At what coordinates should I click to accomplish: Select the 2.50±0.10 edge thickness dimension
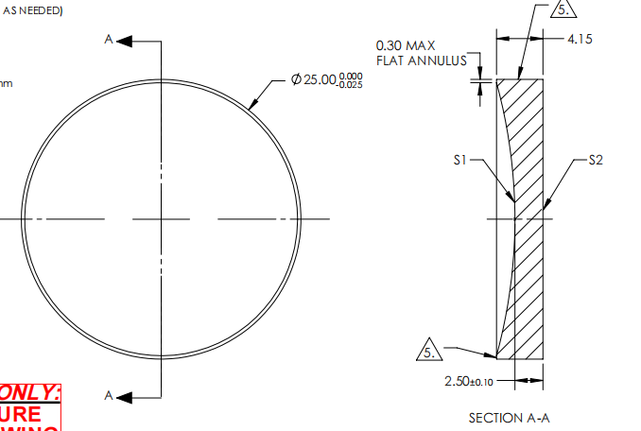click(468, 381)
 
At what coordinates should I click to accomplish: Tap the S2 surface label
click(596, 161)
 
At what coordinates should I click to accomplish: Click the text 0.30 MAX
click(406, 45)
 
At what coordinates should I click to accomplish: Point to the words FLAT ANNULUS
click(422, 60)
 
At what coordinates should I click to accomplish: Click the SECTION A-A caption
click(509, 418)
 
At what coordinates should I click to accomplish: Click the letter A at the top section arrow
click(110, 39)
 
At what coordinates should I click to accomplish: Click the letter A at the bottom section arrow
click(110, 395)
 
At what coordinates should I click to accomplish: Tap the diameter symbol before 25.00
click(296, 81)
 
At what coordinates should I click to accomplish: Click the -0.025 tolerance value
click(351, 87)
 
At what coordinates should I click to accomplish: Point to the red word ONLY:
click(30, 392)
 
